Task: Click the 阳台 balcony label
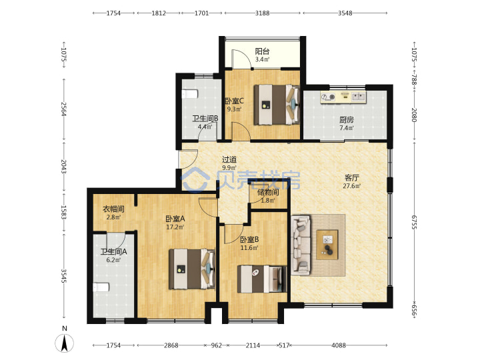click(x=263, y=51)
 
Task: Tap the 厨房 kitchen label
click(x=347, y=120)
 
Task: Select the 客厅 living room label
click(x=352, y=177)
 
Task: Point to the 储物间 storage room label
click(x=268, y=192)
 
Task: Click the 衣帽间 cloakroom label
click(x=113, y=209)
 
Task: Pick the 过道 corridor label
click(x=229, y=159)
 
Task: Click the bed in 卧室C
click(x=277, y=105)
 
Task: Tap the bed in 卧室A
click(x=192, y=269)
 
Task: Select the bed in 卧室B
click(x=262, y=279)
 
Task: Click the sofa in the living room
click(x=301, y=245)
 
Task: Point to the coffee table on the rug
click(x=327, y=245)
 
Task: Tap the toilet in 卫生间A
click(x=101, y=287)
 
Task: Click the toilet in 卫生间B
click(x=190, y=94)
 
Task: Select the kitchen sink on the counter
click(x=358, y=97)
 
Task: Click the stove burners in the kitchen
click(x=328, y=97)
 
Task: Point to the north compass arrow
click(x=64, y=343)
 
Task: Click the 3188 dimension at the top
click(x=263, y=13)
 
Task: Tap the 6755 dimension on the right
click(x=414, y=222)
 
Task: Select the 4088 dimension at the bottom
click(x=339, y=345)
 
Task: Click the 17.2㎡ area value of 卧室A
click(x=175, y=227)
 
